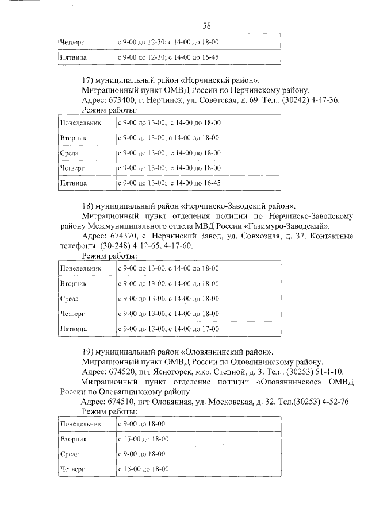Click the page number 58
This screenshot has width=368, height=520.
tap(207, 26)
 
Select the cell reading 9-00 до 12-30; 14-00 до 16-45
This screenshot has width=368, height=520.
tap(168, 57)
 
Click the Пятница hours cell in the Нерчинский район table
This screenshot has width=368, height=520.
tap(170, 183)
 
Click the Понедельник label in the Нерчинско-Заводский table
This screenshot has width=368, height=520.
tap(80, 268)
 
